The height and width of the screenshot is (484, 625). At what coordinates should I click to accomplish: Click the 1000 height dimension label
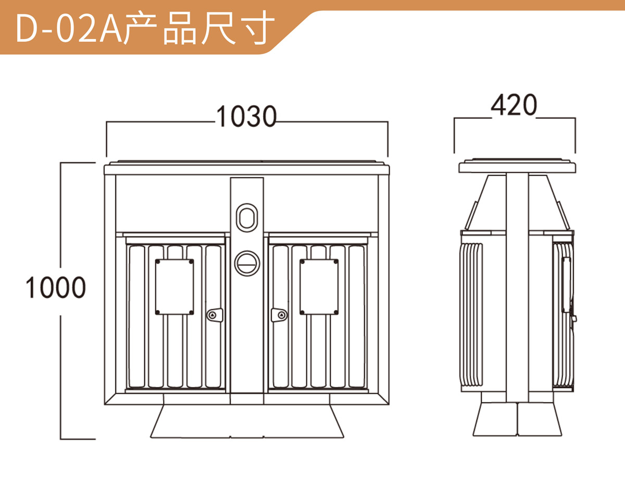pyautogui.click(x=55, y=288)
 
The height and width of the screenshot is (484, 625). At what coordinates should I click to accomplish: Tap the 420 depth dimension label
pyautogui.click(x=514, y=106)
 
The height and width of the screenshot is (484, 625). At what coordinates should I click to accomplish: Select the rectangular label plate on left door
pyautogui.click(x=174, y=287)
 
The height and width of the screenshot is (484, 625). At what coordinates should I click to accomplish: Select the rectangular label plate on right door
pyautogui.click(x=319, y=287)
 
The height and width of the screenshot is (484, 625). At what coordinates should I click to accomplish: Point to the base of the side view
pyautogui.click(x=517, y=420)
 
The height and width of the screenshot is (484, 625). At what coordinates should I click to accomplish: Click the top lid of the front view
pyautogui.click(x=247, y=168)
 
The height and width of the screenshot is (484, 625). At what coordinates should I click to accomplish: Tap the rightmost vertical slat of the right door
pyautogui.click(x=357, y=316)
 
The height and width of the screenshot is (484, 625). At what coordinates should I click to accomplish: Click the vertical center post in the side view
pyautogui.click(x=517, y=287)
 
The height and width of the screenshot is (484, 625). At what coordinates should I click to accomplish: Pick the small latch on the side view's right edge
pyautogui.click(x=574, y=317)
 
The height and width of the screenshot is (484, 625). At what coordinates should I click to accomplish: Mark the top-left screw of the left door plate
pyautogui.click(x=158, y=261)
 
